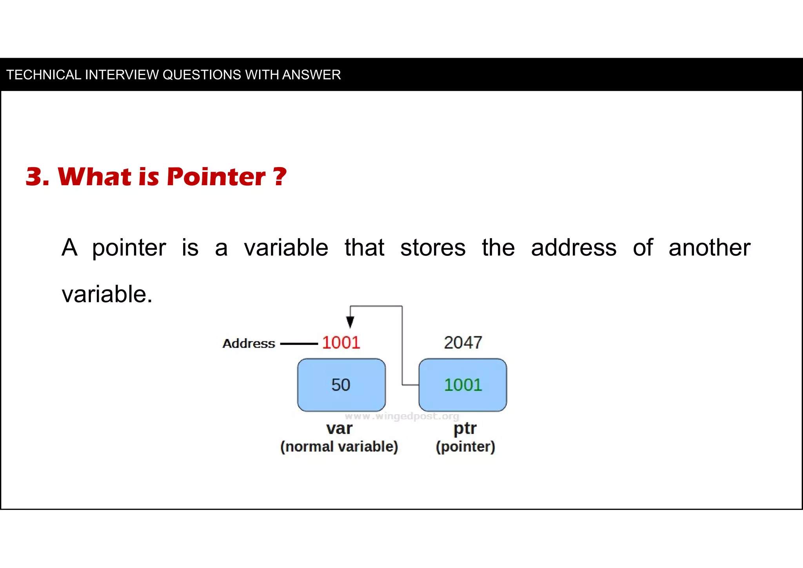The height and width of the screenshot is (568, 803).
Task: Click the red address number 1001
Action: [x=341, y=343]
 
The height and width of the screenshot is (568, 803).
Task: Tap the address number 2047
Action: [x=463, y=343]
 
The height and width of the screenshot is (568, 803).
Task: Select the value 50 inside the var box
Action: [x=341, y=385]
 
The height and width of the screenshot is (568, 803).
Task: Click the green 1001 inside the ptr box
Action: [x=463, y=385]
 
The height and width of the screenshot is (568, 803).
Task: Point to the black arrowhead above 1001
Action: [x=350, y=322]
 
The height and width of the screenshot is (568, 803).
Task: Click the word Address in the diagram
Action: [x=249, y=344]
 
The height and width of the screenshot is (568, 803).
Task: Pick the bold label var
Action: [x=339, y=428]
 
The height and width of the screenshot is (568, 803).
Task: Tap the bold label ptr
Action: [x=465, y=428]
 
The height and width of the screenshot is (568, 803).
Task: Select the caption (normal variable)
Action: [x=339, y=447]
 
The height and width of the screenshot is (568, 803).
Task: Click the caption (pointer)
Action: [x=465, y=447]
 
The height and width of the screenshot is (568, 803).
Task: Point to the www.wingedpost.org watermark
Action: [x=402, y=416]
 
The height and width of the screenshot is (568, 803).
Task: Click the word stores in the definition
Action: [x=433, y=248]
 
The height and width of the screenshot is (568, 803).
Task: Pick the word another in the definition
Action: [x=709, y=248]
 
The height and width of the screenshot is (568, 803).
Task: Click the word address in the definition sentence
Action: [x=574, y=248]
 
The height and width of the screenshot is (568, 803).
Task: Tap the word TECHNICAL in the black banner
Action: [x=44, y=75]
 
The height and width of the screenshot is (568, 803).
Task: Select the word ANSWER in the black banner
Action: [x=311, y=75]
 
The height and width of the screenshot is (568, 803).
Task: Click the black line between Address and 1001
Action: [x=299, y=344]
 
